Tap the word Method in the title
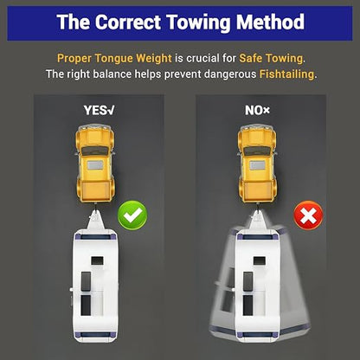(270, 22)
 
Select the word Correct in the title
(128, 22)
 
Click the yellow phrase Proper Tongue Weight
(114, 59)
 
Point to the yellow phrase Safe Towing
(271, 59)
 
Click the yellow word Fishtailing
(286, 74)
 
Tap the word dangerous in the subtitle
(230, 74)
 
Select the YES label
(99, 110)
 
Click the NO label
(257, 110)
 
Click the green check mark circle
(132, 215)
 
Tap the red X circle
(308, 215)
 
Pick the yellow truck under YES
(95, 164)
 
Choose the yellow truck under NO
(257, 164)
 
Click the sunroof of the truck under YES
(95, 165)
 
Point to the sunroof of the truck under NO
(257, 165)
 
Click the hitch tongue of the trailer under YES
(95, 220)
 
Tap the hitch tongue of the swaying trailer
(258, 220)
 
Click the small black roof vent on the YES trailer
(97, 261)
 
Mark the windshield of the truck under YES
(95, 151)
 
